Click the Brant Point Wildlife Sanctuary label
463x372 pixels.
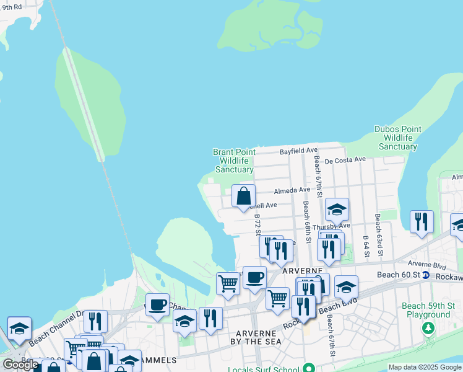233,161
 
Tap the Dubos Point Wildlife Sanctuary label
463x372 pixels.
398,138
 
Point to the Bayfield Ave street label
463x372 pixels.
298,151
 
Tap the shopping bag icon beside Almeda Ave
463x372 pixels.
244,196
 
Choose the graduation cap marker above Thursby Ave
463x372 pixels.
337,210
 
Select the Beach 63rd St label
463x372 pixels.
379,235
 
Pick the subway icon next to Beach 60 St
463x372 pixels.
426,275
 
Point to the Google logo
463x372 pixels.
20,365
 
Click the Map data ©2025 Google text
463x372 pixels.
425,367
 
